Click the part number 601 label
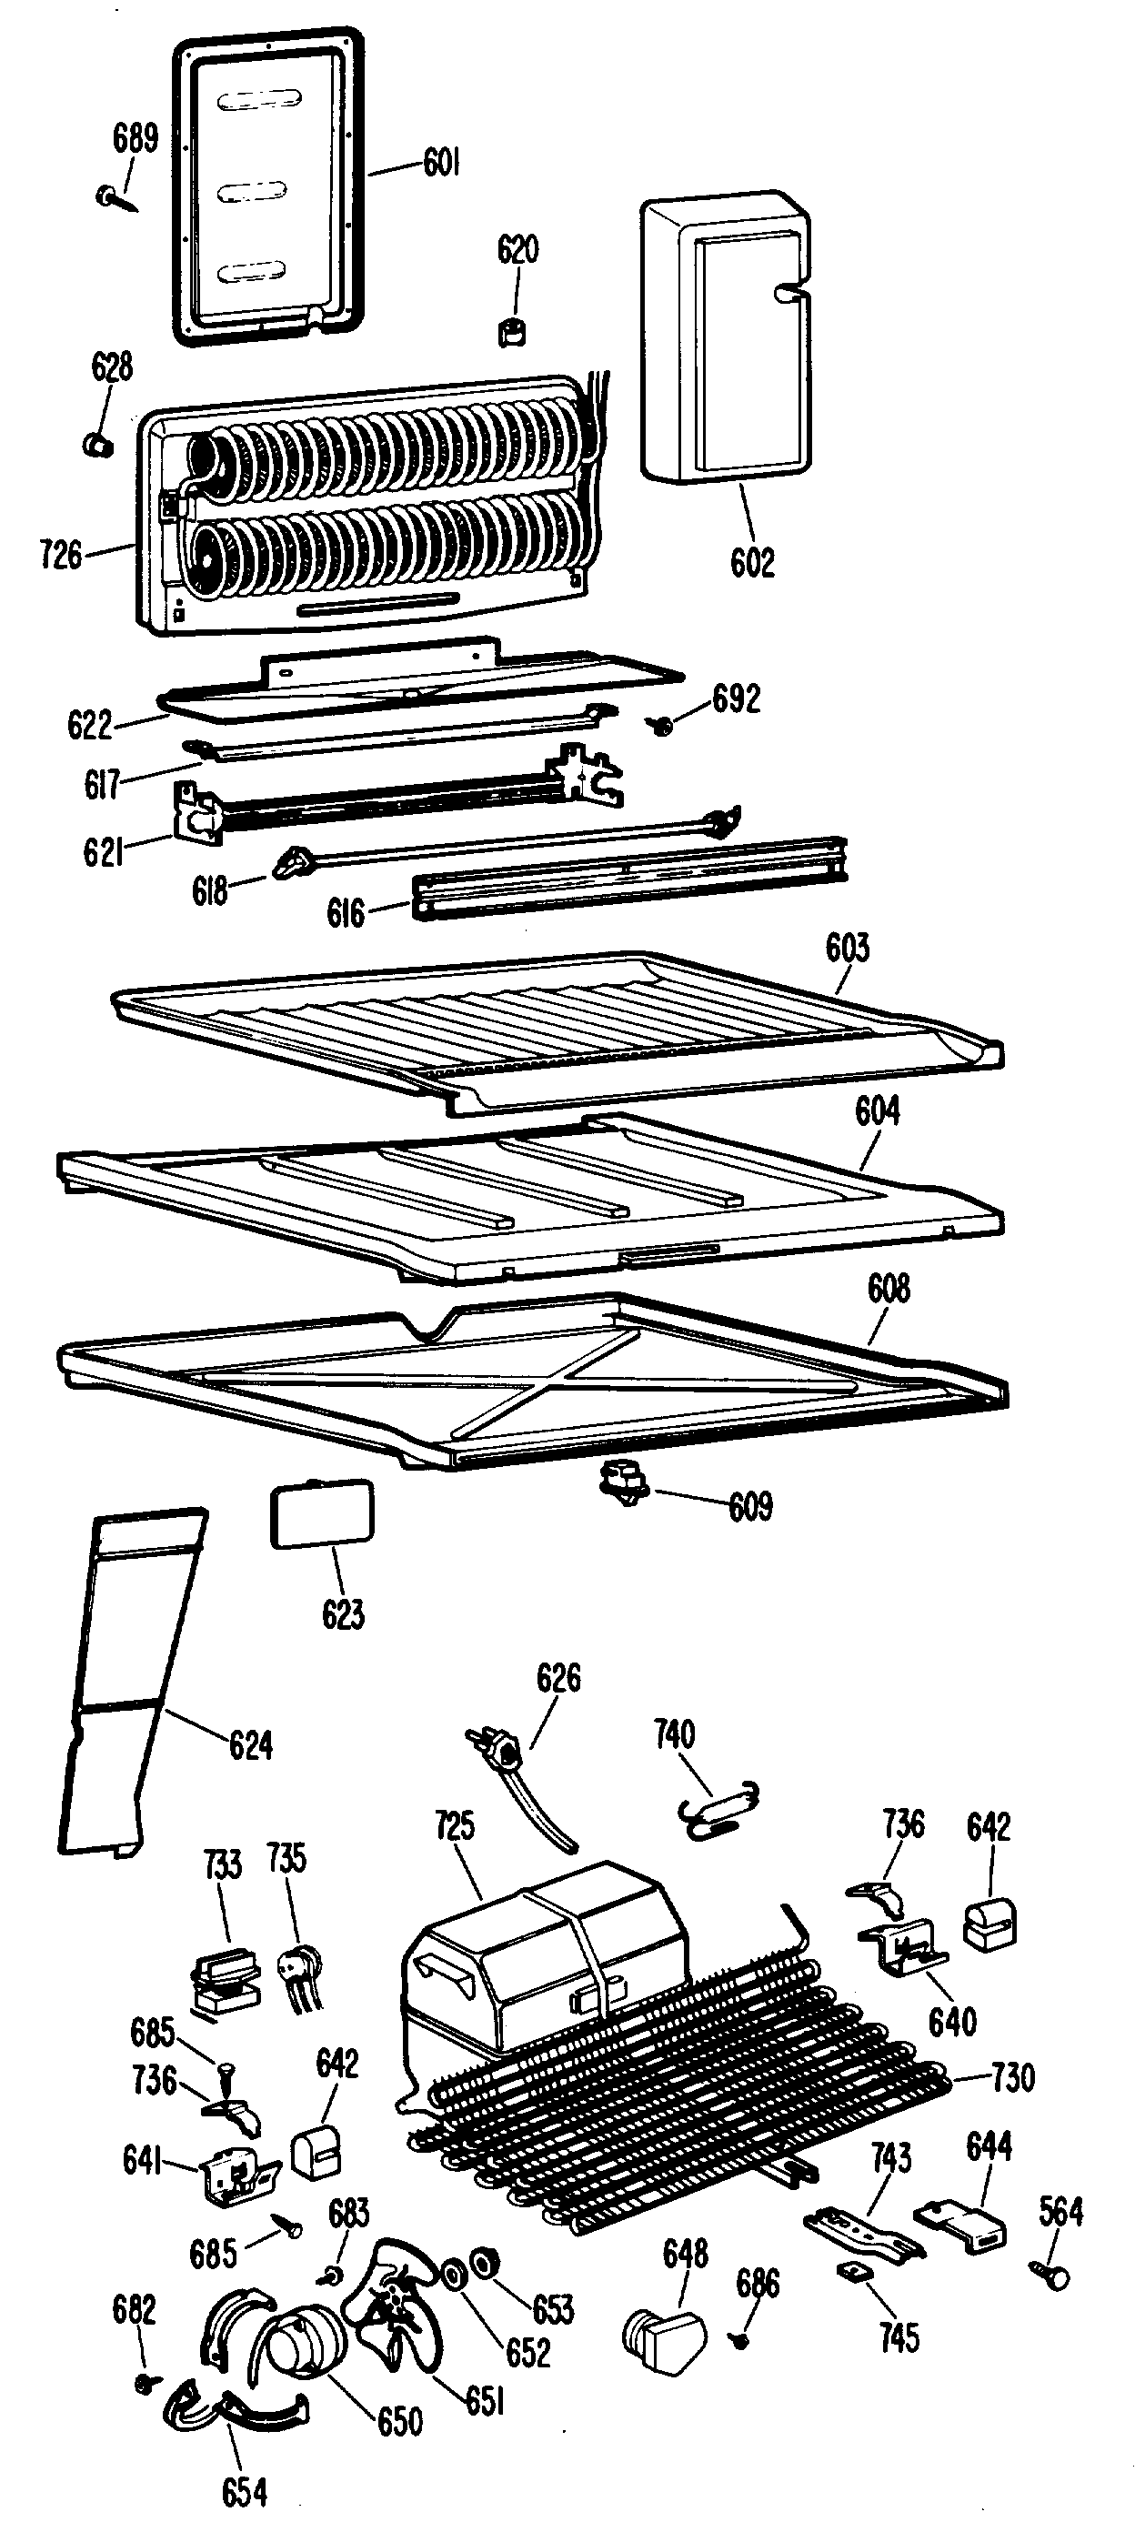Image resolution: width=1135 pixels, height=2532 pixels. coord(441,162)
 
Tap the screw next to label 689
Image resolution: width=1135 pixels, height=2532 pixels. coord(117,197)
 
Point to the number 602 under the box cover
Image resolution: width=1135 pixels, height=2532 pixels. coord(752,562)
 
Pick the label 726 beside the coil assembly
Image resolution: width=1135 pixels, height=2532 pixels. coord(61,555)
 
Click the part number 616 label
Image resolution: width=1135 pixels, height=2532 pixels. coord(346,913)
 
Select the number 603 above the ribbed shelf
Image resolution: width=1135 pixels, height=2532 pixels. coord(847,948)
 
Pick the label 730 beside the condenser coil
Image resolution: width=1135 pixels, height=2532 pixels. coord(1012,2077)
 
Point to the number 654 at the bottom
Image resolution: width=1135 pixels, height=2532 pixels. coord(244,2491)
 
